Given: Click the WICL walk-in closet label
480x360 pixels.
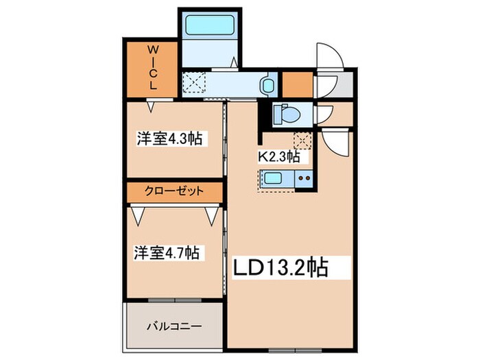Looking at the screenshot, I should pyautogui.click(x=154, y=69).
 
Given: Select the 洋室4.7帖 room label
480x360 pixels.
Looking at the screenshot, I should pyautogui.click(x=167, y=253).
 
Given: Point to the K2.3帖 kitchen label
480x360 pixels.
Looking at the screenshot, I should pyautogui.click(x=278, y=157).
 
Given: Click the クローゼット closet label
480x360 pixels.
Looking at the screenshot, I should pyautogui.click(x=173, y=191).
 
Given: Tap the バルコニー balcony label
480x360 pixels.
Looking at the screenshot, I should pyautogui.click(x=173, y=326).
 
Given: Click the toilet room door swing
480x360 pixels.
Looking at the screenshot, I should pyautogui.click(x=324, y=114).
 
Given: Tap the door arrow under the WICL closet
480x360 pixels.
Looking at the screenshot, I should pyautogui.click(x=152, y=106).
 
